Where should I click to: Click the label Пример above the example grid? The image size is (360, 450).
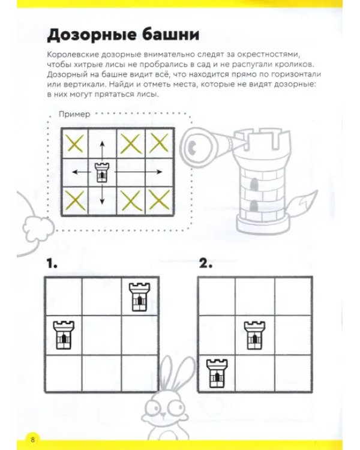[x=74, y=114]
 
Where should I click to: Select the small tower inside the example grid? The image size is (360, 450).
[x=103, y=172]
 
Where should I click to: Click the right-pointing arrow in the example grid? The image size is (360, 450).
[x=139, y=172]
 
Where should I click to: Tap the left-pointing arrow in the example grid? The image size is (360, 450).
[x=82, y=172]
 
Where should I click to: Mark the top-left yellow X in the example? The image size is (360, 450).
[x=74, y=143]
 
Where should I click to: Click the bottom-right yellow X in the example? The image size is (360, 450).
[x=160, y=200]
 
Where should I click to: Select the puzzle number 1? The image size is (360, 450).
[x=52, y=263]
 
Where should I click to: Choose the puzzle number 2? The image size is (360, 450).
[x=206, y=263]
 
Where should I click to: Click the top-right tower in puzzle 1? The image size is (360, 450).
[x=140, y=297]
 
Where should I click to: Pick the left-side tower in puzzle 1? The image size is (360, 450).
[x=64, y=335]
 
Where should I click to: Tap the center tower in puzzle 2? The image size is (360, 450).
[x=254, y=335]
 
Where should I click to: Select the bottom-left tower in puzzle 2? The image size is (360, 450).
[x=217, y=373]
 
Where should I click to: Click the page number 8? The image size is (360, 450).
[x=33, y=439]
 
